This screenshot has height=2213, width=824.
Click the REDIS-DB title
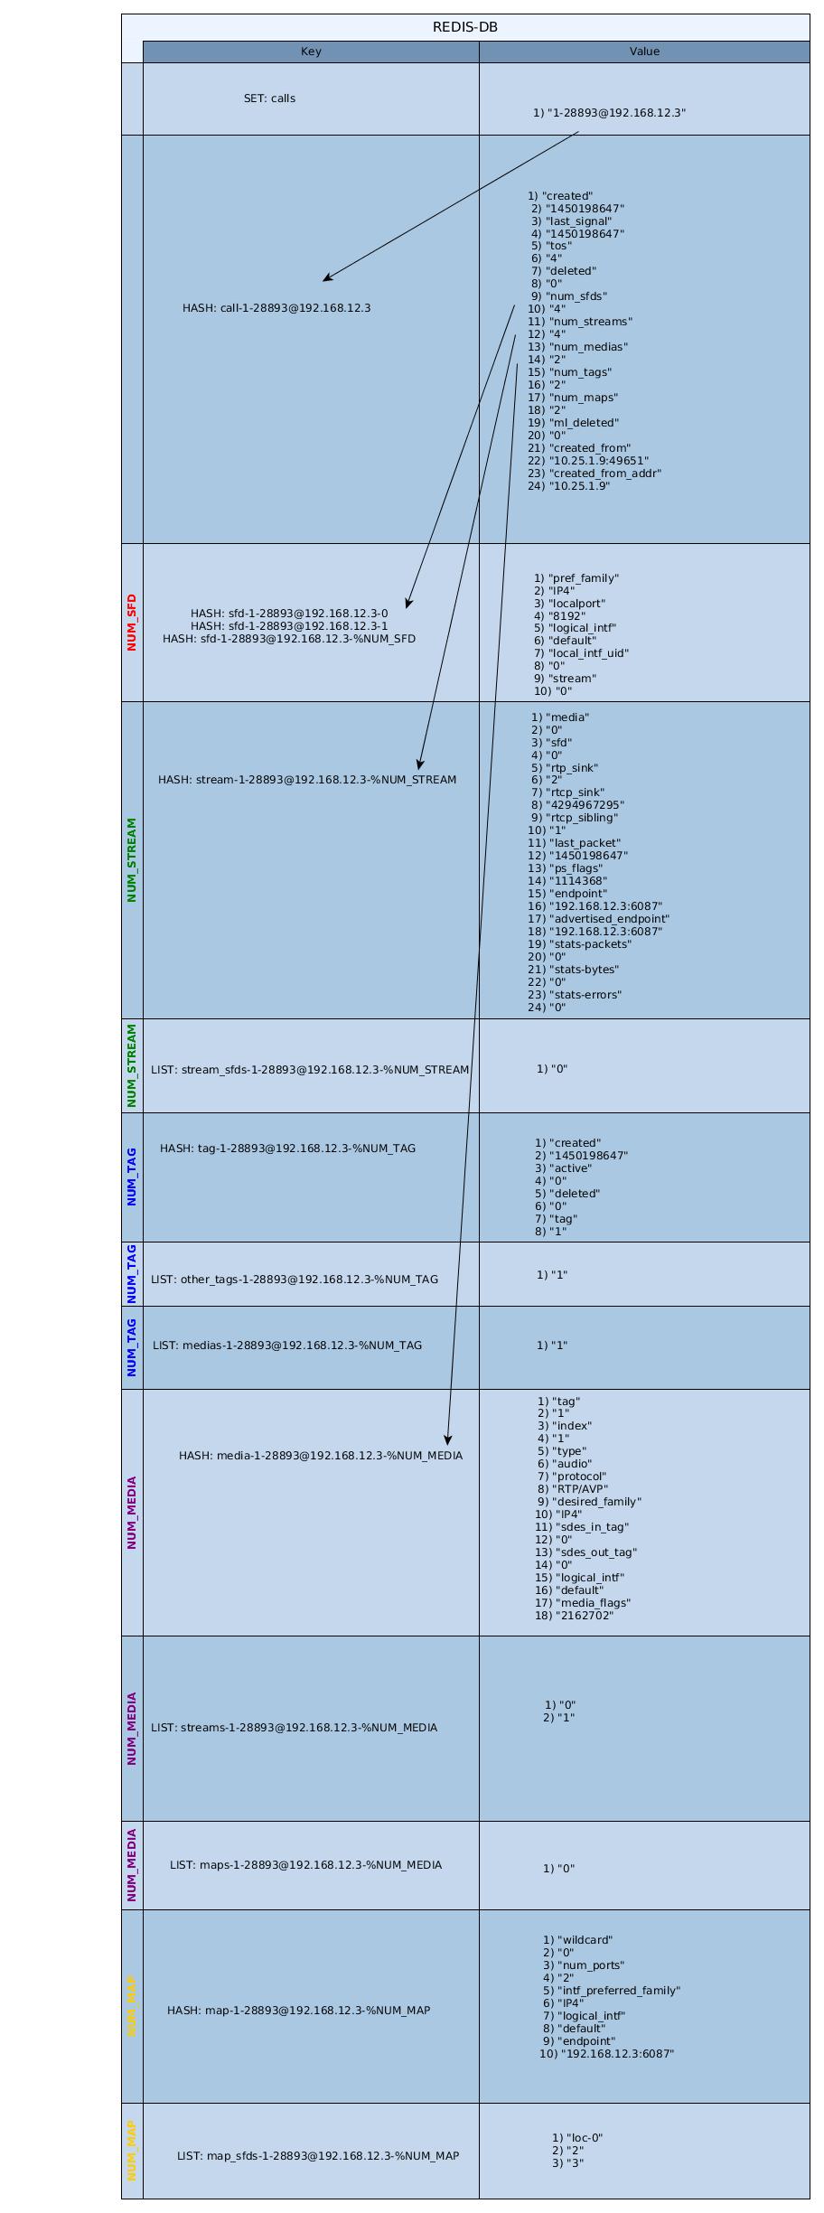464,27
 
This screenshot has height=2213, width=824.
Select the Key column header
311,52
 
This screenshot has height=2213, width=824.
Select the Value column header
644,52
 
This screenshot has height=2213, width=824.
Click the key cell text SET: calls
269,98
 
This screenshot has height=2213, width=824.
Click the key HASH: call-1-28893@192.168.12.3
276,308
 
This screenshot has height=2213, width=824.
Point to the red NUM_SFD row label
132,622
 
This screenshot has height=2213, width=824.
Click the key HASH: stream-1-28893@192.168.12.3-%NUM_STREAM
307,780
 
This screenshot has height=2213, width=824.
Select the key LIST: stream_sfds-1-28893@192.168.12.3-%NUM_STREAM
310,1070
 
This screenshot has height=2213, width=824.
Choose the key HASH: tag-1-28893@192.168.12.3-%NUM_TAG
287,1149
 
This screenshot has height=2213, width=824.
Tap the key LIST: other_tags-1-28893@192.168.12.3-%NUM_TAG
294,1280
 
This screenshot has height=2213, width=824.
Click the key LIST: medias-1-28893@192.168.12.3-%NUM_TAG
287,1346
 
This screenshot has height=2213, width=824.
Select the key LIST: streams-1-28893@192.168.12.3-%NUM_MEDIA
294,1728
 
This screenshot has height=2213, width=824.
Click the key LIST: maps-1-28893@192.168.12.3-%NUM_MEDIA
305,1865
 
